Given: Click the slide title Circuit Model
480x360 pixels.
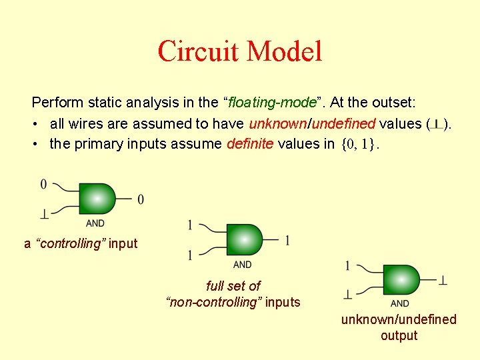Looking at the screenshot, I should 240,51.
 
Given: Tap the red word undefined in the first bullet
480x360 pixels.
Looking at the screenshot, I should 344,123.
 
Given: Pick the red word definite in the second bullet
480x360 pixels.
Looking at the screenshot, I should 250,144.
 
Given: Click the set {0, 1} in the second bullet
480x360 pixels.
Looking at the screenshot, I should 359,144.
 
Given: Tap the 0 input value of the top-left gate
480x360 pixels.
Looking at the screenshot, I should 44,183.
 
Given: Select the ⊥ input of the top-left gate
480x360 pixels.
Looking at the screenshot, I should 45,214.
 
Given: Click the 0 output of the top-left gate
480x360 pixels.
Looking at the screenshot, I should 140,199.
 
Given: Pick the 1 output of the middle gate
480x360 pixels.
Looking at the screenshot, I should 287,240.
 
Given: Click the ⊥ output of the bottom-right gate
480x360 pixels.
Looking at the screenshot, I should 443,281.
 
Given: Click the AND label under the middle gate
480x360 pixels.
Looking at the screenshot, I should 243,265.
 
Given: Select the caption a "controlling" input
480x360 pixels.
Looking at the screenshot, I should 81,243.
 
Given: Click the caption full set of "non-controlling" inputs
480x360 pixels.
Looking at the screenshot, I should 233,294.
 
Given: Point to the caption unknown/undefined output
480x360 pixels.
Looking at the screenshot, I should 399,327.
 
